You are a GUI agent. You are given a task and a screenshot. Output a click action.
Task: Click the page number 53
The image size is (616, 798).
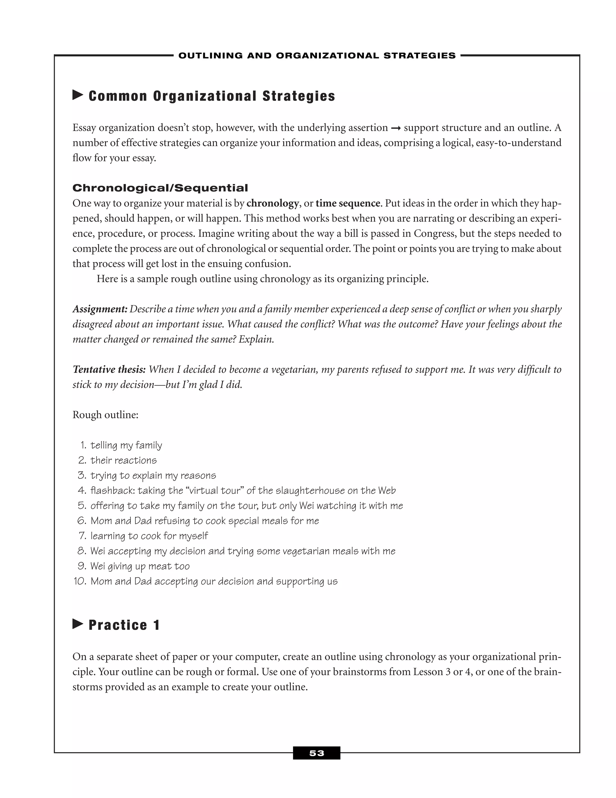(316, 753)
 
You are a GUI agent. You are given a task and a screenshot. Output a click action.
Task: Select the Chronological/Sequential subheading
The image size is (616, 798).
(160, 188)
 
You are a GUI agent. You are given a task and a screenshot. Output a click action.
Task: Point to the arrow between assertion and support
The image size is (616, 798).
(396, 128)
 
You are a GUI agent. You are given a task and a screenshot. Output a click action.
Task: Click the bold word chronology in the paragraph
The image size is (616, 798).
(273, 203)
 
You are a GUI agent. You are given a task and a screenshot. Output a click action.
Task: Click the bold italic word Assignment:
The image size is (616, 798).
(100, 309)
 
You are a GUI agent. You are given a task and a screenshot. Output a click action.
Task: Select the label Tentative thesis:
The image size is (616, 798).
(109, 369)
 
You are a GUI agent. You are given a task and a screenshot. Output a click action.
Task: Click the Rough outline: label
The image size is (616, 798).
(106, 415)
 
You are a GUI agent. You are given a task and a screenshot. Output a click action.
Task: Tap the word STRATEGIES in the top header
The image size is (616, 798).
(419, 55)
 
